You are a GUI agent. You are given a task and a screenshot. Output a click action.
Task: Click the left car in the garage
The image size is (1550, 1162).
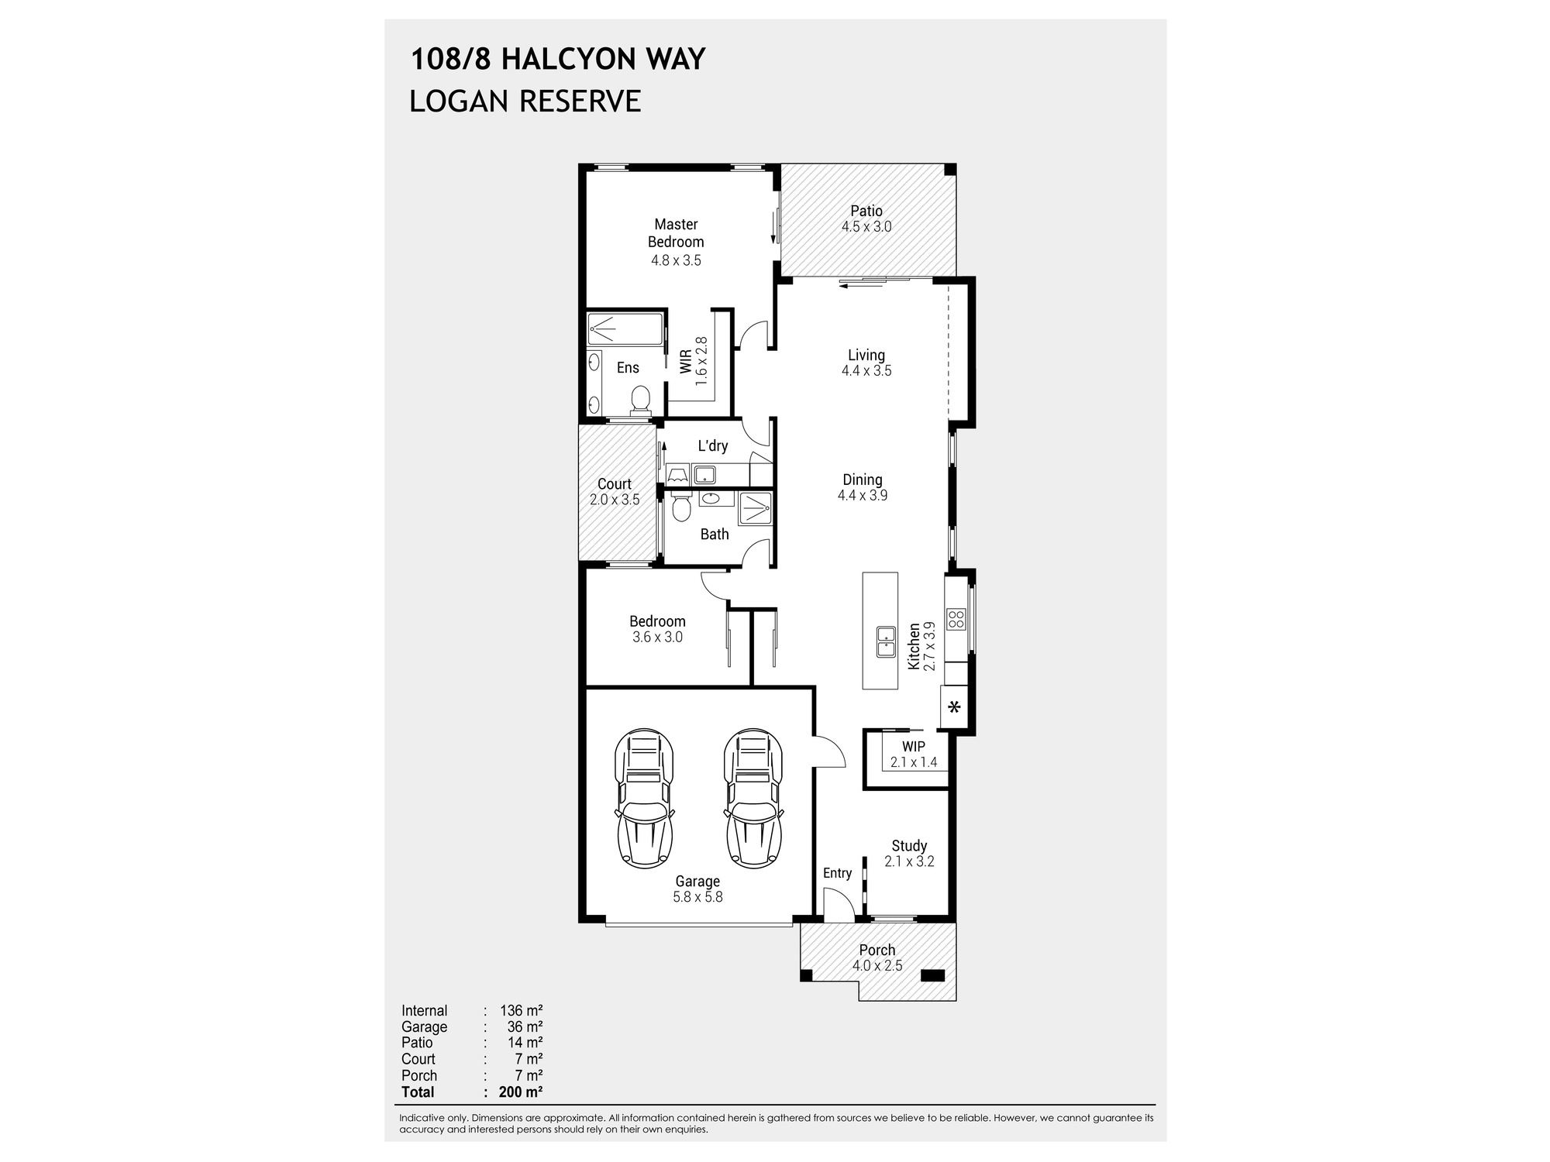[x=643, y=798]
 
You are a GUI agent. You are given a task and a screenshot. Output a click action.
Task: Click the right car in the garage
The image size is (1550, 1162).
[x=753, y=798]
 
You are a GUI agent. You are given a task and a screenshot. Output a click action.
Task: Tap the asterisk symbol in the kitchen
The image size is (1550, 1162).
[x=955, y=707]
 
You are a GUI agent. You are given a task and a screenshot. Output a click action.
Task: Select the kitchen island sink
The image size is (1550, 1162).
[x=886, y=641]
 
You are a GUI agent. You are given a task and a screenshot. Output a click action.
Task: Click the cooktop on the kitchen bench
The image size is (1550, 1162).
[x=956, y=619]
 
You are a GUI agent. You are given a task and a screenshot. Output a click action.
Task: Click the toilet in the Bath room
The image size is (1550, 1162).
[x=681, y=509]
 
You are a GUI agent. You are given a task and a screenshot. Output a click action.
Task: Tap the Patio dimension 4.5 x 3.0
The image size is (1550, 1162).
[x=866, y=227]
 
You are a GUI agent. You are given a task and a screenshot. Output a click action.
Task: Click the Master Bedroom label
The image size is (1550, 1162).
[x=676, y=232]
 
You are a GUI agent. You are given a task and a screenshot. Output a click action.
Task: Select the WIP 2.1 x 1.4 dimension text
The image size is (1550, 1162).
[x=914, y=762]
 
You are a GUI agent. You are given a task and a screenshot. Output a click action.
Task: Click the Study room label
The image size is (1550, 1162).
[x=909, y=846]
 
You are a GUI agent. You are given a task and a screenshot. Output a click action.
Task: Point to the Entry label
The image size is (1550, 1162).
[x=837, y=873]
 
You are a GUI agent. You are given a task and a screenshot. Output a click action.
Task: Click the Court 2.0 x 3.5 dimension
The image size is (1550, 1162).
[x=615, y=500]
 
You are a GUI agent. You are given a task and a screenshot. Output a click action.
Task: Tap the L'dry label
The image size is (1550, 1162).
[x=712, y=445]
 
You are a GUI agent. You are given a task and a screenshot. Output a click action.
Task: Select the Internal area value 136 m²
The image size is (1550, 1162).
[x=521, y=1010]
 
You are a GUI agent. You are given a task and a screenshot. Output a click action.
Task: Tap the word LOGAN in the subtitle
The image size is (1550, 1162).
[x=456, y=101]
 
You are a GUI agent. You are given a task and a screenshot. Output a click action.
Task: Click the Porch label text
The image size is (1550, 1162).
[x=877, y=950]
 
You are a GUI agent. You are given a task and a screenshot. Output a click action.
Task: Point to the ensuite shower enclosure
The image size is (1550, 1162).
[x=625, y=329]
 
